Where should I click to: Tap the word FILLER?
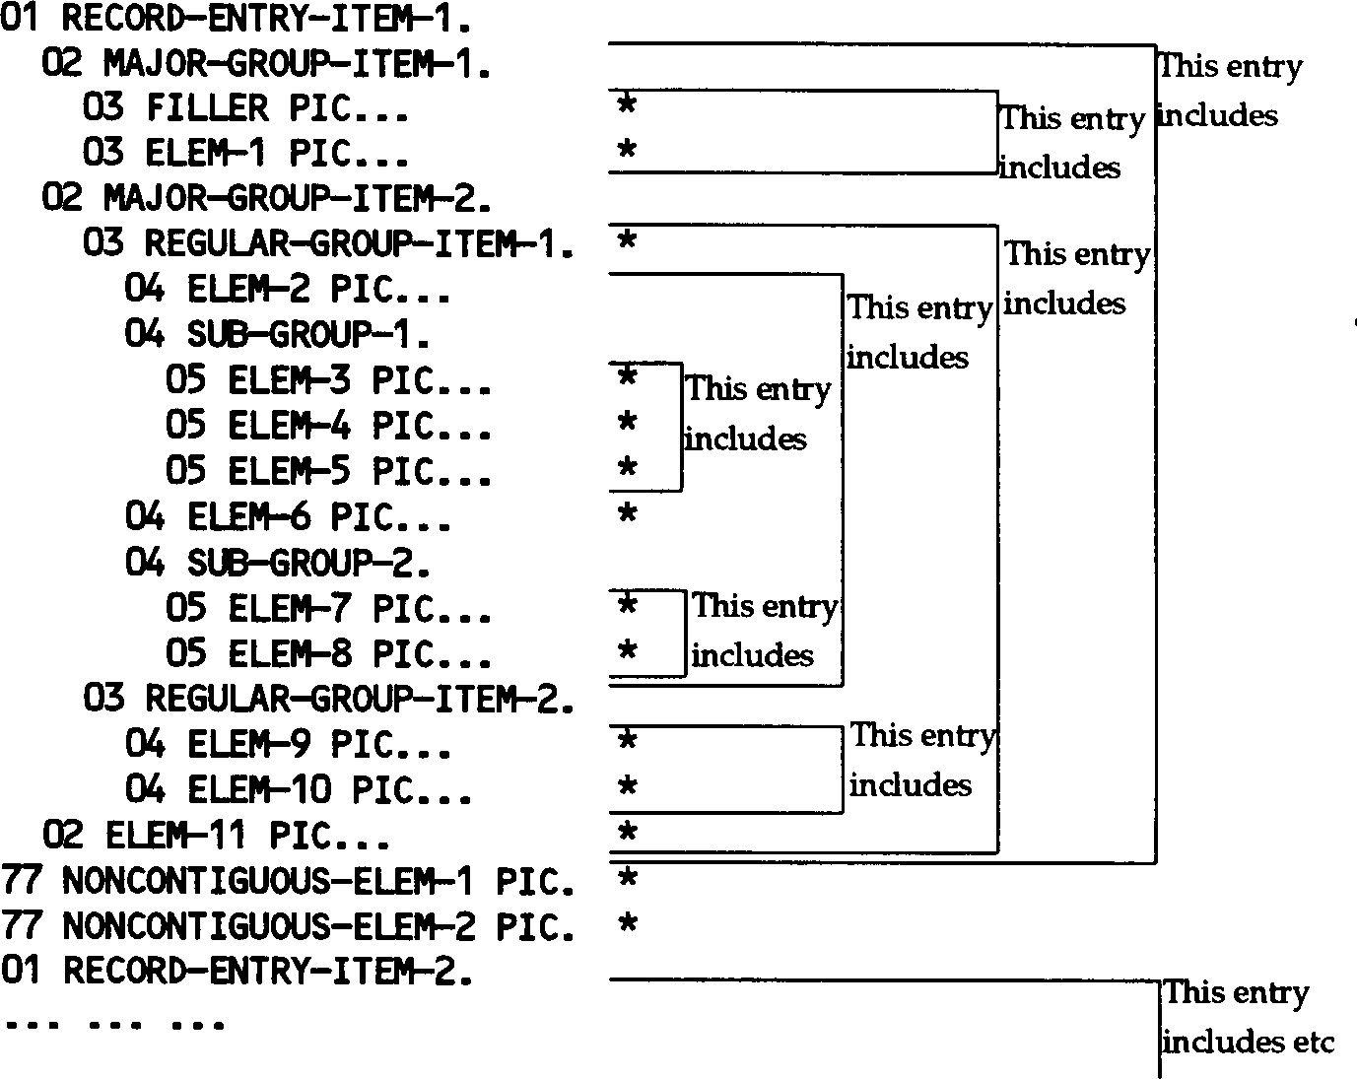tap(207, 108)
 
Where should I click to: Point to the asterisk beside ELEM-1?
tap(627, 151)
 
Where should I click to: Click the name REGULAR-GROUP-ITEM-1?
tap(360, 243)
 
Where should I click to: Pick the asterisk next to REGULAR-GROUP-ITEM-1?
tap(627, 240)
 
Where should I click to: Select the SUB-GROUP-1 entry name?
tap(308, 335)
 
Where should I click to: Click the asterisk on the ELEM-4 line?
tap(627, 424)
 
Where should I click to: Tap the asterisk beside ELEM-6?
tap(627, 512)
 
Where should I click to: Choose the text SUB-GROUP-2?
tap(308, 564)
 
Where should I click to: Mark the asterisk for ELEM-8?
tap(627, 651)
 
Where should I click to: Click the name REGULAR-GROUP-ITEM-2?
tap(360, 700)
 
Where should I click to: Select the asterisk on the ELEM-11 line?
tap(627, 834)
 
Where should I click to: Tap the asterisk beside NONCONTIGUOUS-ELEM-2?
tap(627, 924)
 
